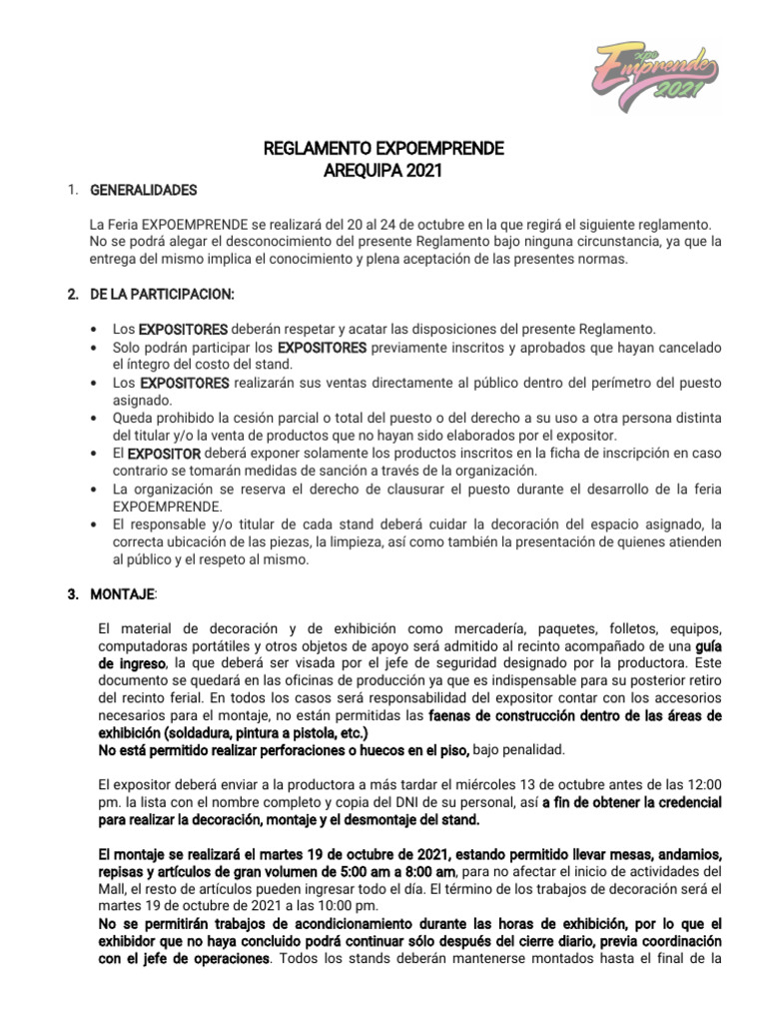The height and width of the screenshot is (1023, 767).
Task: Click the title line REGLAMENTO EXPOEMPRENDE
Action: point(383,150)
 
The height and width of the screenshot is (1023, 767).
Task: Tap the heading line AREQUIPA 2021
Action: point(383,171)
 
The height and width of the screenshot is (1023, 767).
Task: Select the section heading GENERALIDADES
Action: point(144,190)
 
